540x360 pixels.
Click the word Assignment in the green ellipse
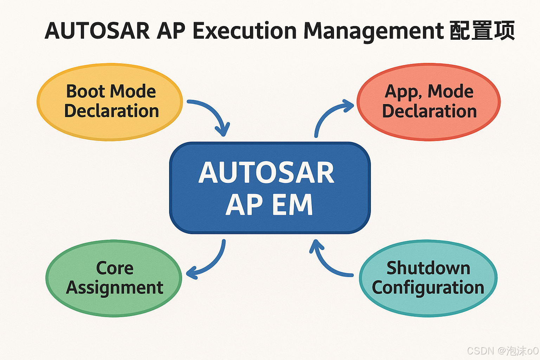pos(115,288)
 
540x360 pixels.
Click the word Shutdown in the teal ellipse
pos(428,268)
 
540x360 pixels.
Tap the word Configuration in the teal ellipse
pos(428,288)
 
